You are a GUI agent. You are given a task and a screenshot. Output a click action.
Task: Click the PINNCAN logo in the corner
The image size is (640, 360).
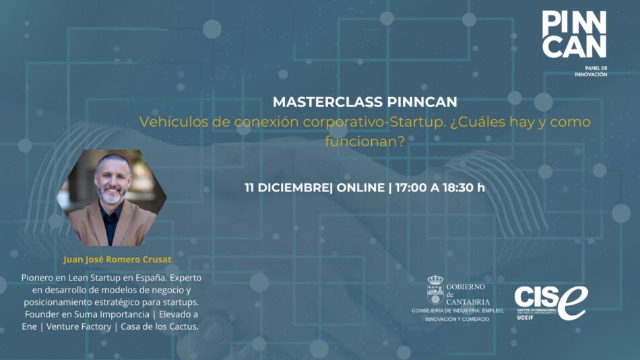point(574,34)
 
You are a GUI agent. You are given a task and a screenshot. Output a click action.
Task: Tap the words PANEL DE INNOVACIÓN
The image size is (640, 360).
point(591,71)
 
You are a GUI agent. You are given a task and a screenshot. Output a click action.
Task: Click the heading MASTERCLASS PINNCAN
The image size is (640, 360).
point(364,102)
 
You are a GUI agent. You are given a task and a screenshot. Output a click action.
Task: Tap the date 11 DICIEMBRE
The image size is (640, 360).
point(287,187)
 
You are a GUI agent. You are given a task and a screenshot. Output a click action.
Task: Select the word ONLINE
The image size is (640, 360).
point(360,187)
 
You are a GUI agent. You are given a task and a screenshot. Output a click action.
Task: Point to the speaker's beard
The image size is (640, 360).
point(112,195)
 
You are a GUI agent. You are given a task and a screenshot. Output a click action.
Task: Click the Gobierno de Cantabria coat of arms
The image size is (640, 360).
point(435,289)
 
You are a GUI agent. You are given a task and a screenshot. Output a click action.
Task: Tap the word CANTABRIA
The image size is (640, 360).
point(468,301)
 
